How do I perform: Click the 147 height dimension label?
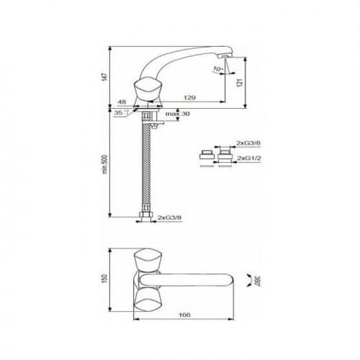104,77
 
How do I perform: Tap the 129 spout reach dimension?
189,97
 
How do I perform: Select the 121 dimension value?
240,82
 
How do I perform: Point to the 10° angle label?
218,69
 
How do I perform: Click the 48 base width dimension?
122,102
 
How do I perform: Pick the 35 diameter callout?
120,112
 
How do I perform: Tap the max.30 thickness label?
178,114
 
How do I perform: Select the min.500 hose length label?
105,164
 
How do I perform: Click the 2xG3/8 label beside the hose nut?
169,217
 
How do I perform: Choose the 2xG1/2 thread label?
249,158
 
